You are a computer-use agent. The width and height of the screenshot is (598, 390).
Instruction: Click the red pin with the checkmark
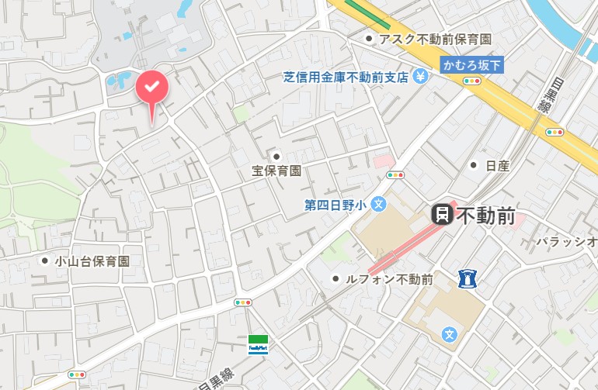tap(152, 86)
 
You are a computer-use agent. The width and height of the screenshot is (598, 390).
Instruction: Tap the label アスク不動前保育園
tap(434, 39)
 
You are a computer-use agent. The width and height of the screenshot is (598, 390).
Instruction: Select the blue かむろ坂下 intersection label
tap(472, 66)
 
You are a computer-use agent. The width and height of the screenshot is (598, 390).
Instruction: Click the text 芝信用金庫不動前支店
tap(346, 77)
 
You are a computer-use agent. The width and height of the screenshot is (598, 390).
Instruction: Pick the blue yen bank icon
tap(420, 76)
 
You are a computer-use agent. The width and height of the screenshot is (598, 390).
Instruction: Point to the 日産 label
tap(497, 165)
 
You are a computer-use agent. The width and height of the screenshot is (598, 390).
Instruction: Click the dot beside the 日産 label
tap(474, 165)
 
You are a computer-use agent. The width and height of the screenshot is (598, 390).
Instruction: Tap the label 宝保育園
tap(276, 171)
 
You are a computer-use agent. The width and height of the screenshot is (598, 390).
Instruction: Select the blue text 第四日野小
tap(335, 205)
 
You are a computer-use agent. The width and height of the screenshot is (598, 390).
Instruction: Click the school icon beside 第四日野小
tap(378, 205)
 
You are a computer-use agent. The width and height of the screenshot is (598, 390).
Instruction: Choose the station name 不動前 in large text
tap(485, 216)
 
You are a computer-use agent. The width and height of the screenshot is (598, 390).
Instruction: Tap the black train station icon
tap(442, 215)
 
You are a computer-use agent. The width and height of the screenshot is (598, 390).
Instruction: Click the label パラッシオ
tap(566, 242)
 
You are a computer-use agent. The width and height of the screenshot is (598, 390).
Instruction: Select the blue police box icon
tap(467, 277)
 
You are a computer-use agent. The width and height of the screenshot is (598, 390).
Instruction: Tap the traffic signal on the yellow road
tap(555, 132)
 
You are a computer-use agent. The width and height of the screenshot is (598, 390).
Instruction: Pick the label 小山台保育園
tap(92, 261)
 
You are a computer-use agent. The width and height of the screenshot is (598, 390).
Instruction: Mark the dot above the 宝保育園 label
tap(276, 157)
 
